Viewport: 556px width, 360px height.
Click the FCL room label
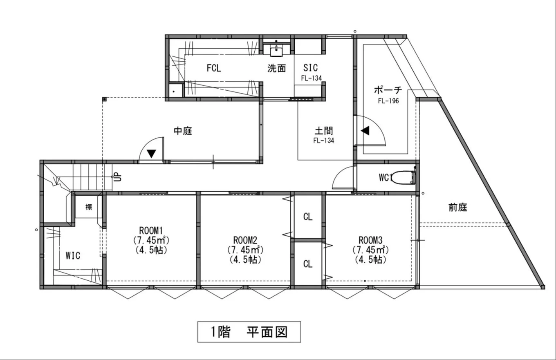[213, 68]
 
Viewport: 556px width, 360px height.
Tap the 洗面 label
[277, 68]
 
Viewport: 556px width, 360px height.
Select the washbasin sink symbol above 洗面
[277, 50]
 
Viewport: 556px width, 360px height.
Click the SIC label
[310, 67]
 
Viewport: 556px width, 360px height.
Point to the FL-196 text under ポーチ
[388, 101]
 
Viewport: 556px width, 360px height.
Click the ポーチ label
[388, 90]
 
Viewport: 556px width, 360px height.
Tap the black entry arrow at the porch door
[365, 131]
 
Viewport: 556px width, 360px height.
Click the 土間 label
[324, 131]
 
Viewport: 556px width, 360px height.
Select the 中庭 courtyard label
[183, 131]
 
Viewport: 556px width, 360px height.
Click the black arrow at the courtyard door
[152, 154]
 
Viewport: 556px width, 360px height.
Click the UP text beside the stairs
[117, 177]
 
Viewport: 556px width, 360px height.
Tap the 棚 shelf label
[89, 207]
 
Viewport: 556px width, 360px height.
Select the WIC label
[73, 256]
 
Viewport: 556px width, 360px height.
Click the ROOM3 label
[371, 239]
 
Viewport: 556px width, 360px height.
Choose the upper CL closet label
[308, 217]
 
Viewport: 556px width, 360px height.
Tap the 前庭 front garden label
[457, 208]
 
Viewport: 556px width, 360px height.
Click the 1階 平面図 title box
[249, 332]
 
